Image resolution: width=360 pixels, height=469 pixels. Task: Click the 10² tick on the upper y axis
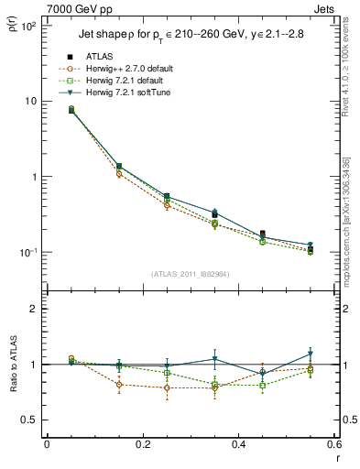[30, 26]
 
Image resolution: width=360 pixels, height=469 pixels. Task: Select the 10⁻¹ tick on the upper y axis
[30, 253]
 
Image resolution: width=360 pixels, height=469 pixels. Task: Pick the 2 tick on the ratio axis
[36, 309]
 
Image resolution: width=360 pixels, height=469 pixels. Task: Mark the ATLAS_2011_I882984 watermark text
[190, 274]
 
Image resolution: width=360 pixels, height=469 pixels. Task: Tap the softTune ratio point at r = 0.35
[214, 358]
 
